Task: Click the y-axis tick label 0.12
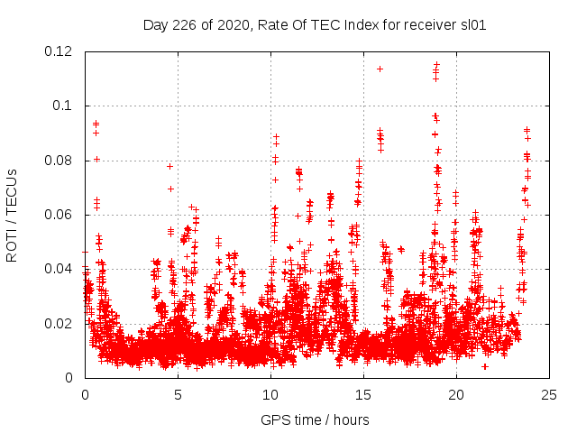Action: pyautogui.click(x=60, y=51)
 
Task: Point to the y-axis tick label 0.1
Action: pyautogui.click(x=64, y=106)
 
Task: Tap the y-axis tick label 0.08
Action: pyautogui.click(x=60, y=161)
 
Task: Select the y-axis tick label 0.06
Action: pyautogui.click(x=60, y=215)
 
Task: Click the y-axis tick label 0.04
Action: pyautogui.click(x=60, y=269)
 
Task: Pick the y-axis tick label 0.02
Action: pyautogui.click(x=60, y=324)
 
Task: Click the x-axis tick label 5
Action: pyautogui.click(x=178, y=394)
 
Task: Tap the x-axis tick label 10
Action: pyautogui.click(x=270, y=394)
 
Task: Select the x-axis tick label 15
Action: pyautogui.click(x=363, y=394)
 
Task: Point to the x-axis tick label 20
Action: pyautogui.click(x=456, y=394)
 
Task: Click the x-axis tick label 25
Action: pyautogui.click(x=549, y=394)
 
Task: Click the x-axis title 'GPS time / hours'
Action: pyautogui.click(x=316, y=419)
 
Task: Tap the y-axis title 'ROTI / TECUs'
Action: pyautogui.click(x=12, y=215)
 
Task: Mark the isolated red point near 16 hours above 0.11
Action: pyautogui.click(x=380, y=69)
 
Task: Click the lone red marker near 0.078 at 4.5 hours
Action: pyautogui.click(x=169, y=166)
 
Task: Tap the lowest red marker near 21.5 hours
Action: pyautogui.click(x=485, y=366)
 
